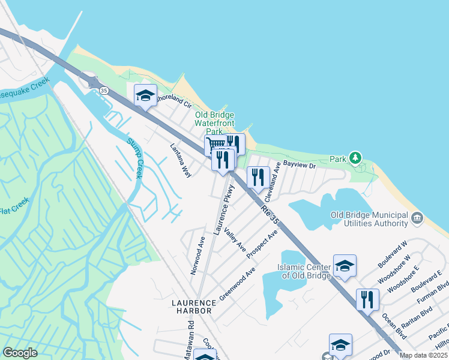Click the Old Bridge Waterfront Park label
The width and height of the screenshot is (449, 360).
tap(214, 123)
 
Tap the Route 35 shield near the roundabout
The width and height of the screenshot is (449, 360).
tap(104, 91)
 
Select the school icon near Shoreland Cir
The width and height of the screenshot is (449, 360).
tap(145, 95)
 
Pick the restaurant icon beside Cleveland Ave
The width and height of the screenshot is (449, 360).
tap(258, 177)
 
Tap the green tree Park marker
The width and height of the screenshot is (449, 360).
tap(355, 158)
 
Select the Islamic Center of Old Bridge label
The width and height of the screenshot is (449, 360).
tap(304, 271)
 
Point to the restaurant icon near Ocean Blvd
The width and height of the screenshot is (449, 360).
tap(367, 299)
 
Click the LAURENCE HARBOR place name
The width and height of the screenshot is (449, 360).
tap(193, 307)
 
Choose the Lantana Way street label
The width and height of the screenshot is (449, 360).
tap(180, 160)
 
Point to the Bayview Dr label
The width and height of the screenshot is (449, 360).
tap(299, 164)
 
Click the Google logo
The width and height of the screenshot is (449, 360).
tap(20, 353)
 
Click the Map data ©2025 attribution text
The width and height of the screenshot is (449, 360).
tap(423, 355)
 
